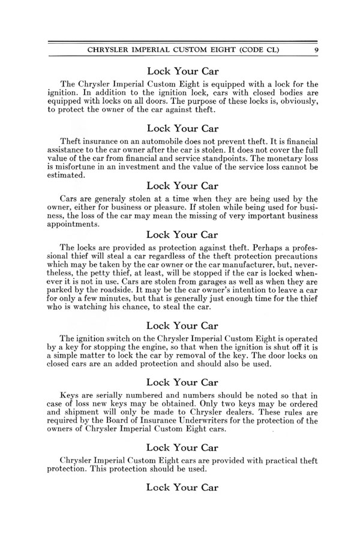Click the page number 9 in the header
[x=316, y=50]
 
